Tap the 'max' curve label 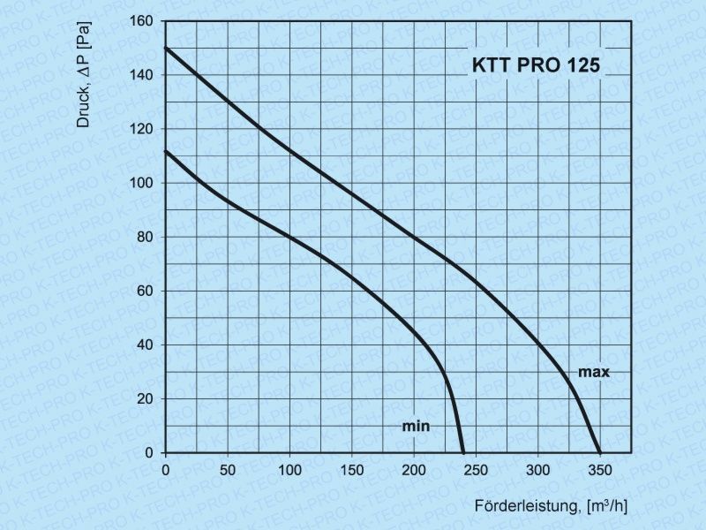[x=594, y=372]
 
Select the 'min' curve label [x=416, y=426]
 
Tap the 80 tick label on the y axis [x=145, y=237]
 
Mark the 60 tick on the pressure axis [x=145, y=291]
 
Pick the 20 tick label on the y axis [x=145, y=398]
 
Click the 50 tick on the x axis [x=228, y=468]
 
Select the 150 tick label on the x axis [x=351, y=468]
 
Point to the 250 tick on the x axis [x=476, y=468]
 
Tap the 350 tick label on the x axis [x=600, y=468]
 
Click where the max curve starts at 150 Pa [x=166, y=48]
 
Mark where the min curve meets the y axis [x=166, y=151]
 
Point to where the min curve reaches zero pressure [x=462, y=452]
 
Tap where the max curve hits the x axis [x=600, y=452]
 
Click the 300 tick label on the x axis [x=537, y=468]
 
